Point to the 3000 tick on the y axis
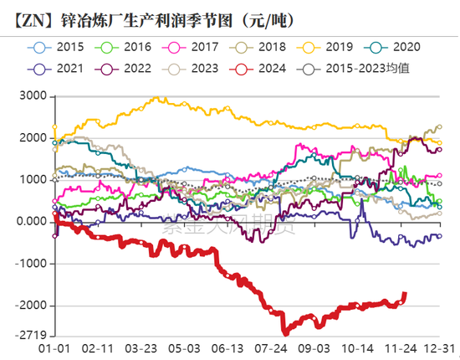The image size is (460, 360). pos(33,95)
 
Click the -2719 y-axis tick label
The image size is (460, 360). pos(30,336)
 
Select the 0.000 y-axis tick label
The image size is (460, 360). pos(30,221)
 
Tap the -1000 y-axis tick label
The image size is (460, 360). pos(30,263)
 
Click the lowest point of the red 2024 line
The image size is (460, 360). pos(284,332)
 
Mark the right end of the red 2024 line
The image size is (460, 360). pos(405,293)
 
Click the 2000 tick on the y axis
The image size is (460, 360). pos(33,137)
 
